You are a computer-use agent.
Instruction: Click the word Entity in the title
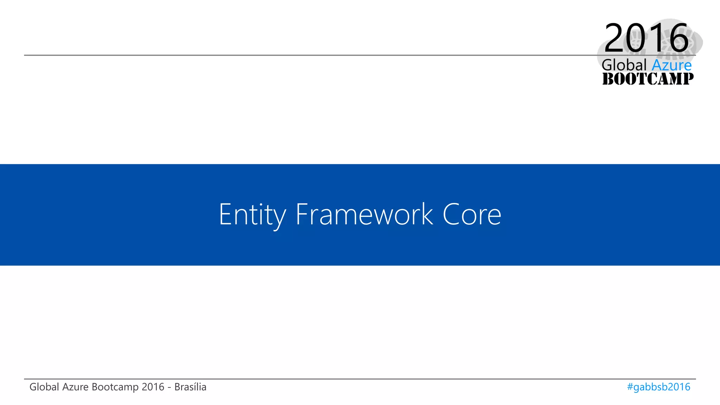252,214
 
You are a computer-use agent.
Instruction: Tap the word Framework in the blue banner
364,214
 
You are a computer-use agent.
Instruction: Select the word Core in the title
472,214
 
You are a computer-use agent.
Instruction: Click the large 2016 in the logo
646,38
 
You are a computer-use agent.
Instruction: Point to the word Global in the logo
624,65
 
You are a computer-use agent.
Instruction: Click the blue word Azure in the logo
671,65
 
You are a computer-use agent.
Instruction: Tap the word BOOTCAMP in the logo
648,79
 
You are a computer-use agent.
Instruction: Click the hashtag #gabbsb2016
658,387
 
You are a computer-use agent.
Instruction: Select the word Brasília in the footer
190,387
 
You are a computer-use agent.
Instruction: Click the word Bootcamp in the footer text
115,387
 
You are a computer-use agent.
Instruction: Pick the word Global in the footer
44,387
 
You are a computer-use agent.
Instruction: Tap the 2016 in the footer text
153,387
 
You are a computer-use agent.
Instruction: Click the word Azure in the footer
75,387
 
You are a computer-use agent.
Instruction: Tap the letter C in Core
451,214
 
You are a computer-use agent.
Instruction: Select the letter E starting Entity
225,214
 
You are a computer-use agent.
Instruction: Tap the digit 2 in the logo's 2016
615,38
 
